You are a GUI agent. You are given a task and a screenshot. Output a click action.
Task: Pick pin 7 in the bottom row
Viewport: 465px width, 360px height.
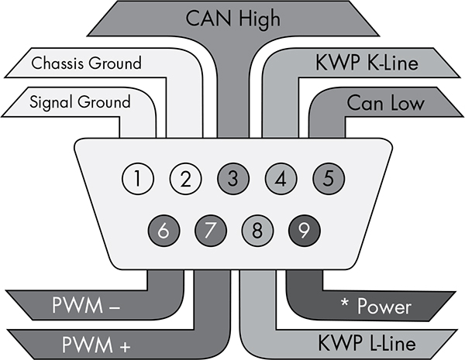(x=208, y=230)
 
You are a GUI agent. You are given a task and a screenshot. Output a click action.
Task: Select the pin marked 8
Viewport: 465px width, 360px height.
(x=257, y=230)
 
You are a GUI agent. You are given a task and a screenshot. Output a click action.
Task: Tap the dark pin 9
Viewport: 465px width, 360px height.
(x=305, y=230)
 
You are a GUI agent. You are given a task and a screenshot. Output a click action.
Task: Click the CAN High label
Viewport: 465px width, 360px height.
(x=232, y=18)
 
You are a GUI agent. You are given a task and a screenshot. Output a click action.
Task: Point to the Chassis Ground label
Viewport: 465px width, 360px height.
(x=87, y=63)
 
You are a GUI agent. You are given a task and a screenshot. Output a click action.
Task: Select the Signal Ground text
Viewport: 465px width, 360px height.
(x=81, y=101)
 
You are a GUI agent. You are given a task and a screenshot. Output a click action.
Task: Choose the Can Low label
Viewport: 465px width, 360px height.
(x=384, y=101)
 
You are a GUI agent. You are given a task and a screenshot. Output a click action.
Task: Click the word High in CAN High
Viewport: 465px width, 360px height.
(x=260, y=18)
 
